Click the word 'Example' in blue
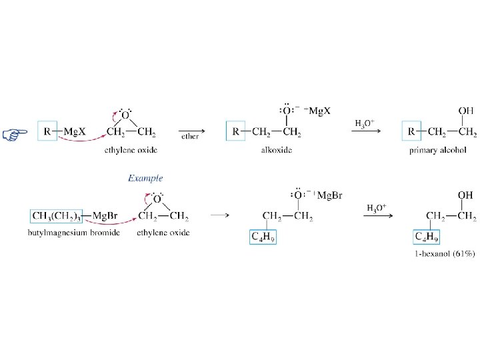(145, 178)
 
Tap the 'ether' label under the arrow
(190, 136)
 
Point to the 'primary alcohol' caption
(437, 150)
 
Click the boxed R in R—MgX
(47, 131)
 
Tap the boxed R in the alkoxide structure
(237, 131)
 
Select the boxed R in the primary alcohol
(412, 131)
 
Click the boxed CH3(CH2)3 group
(56, 215)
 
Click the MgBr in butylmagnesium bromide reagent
(106, 215)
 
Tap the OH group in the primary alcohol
(467, 111)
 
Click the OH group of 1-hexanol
(466, 195)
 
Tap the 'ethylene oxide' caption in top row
(131, 150)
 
